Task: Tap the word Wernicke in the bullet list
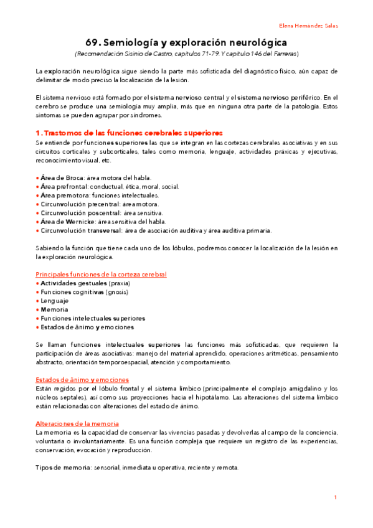pyautogui.click(x=80, y=221)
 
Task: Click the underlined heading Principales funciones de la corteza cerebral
pyautogui.click(x=101, y=274)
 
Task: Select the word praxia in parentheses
pyautogui.click(x=120, y=283)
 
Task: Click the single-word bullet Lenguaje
pyautogui.click(x=55, y=300)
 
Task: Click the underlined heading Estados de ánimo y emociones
pyautogui.click(x=82, y=379)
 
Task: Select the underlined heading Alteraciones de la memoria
pyautogui.click(x=77, y=423)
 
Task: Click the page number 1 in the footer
pyautogui.click(x=335, y=497)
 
